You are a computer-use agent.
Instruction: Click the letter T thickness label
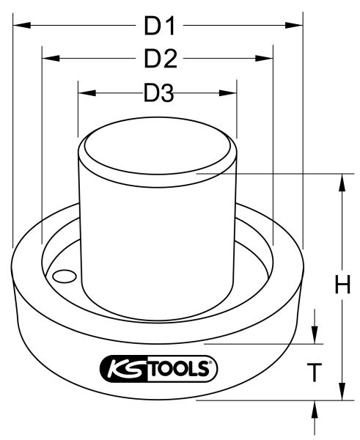tap(314, 373)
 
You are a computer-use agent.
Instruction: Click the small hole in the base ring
tap(65, 276)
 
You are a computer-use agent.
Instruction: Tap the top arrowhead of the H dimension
tap(341, 181)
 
